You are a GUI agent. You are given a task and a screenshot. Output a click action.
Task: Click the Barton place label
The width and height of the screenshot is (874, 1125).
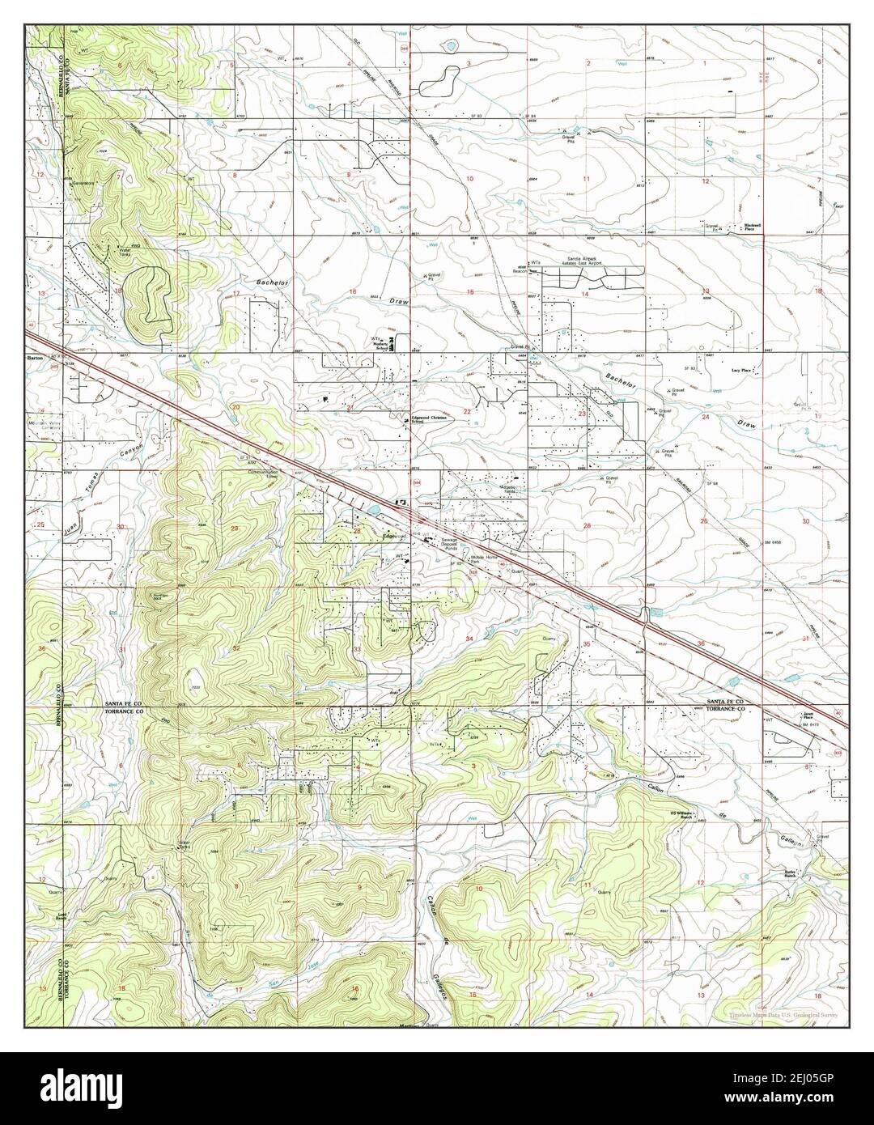(x=36, y=355)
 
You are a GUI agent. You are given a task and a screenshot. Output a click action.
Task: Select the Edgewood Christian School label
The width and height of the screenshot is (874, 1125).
(x=429, y=420)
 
